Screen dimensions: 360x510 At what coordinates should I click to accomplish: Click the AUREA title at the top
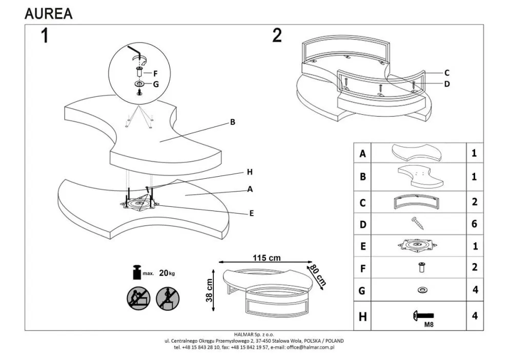click(49, 14)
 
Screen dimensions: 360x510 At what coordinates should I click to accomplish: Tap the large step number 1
click(45, 36)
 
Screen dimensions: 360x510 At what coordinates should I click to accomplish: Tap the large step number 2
click(277, 35)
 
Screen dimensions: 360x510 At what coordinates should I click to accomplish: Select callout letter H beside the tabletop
click(250, 172)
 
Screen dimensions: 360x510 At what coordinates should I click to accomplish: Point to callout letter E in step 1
click(251, 213)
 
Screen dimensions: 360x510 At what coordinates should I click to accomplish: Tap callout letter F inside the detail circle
click(155, 73)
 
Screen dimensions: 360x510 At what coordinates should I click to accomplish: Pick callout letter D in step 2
click(446, 84)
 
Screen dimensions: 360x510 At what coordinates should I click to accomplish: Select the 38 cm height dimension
click(209, 290)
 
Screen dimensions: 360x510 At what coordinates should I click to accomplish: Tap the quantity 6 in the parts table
click(474, 224)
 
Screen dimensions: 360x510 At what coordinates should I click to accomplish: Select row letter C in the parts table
click(362, 203)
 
